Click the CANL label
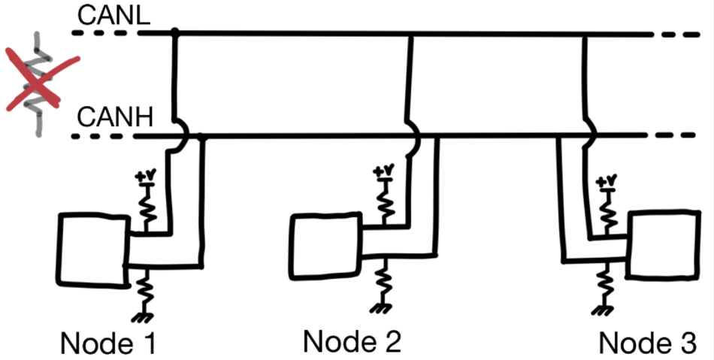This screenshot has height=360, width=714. (114, 15)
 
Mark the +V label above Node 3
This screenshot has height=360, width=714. (607, 181)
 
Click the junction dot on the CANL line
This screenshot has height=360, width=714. (174, 33)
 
